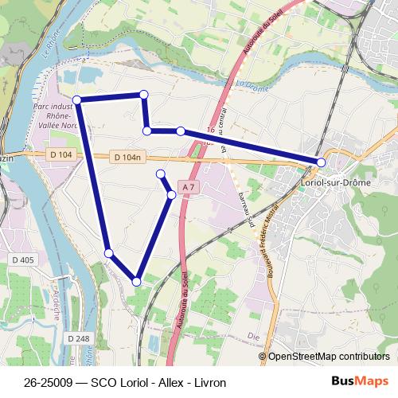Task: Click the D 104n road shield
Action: coord(127,158)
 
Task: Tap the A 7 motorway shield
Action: coord(188,186)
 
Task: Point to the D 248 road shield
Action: coord(78,339)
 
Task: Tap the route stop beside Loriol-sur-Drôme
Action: coord(321,162)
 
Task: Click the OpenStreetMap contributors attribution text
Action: coord(329,357)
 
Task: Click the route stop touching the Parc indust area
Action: coord(77,99)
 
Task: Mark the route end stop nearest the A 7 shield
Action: coord(160,174)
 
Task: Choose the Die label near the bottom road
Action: coord(255,337)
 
